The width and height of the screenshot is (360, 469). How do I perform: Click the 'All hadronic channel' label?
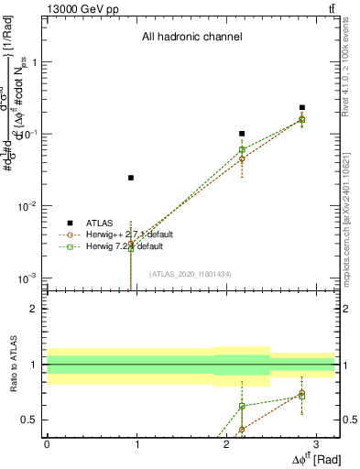tap(191, 38)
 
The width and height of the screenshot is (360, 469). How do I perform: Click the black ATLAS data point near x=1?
tap(131, 178)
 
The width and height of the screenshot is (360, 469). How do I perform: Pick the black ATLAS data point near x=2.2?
tap(242, 134)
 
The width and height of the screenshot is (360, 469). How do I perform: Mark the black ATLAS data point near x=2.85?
tap(301, 108)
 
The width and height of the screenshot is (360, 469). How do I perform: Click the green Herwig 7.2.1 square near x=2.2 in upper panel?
tap(242, 149)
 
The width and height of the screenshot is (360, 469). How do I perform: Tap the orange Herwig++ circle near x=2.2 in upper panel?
tap(242, 159)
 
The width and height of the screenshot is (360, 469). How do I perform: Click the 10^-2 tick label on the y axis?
tap(30, 206)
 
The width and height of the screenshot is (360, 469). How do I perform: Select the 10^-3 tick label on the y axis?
tap(30, 278)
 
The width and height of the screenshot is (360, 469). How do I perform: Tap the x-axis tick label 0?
tap(47, 443)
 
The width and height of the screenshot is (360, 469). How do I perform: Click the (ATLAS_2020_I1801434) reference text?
tap(190, 274)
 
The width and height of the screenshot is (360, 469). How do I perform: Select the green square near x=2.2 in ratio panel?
tap(242, 406)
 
